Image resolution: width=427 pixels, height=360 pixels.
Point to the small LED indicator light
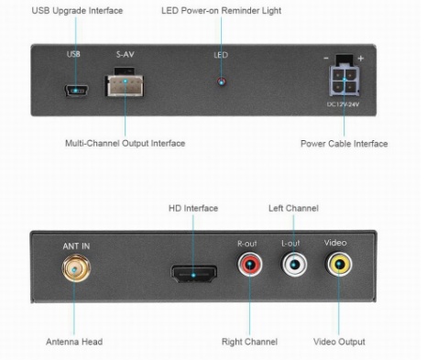(220, 82)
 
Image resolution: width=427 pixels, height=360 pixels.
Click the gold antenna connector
(71, 271)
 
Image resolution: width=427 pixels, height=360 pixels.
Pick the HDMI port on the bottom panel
(193, 273)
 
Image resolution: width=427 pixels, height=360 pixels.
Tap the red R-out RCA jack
(248, 267)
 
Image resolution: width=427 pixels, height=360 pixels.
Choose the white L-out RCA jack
(291, 267)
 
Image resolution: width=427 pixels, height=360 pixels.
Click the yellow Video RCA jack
(339, 267)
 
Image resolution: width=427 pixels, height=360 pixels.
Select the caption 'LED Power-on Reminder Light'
(221, 10)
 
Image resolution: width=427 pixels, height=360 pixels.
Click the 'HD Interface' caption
(193, 208)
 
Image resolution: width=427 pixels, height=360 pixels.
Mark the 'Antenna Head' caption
(74, 342)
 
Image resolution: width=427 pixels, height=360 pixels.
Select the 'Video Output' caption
(339, 342)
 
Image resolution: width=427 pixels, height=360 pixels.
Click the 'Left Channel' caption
(293, 208)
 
